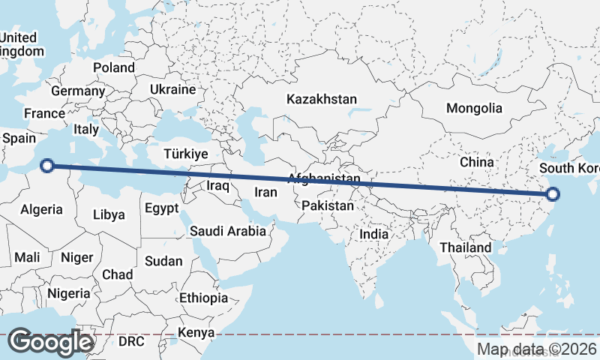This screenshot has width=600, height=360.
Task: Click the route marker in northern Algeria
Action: tap(47, 166)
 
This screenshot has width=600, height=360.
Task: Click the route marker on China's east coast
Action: tap(553, 194)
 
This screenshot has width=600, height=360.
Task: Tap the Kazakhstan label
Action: tap(322, 99)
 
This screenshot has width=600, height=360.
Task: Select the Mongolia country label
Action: tap(474, 108)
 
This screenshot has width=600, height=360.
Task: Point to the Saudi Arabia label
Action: tap(228, 231)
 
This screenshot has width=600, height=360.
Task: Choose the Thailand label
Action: tap(466, 247)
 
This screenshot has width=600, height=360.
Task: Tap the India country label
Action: tap(374, 234)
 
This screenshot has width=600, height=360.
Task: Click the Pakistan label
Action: tap(328, 205)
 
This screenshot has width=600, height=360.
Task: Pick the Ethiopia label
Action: tap(203, 298)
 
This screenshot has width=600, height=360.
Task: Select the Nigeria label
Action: tap(67, 293)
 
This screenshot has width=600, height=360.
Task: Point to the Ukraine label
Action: tap(172, 89)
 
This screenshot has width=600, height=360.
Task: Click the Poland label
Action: tap(114, 67)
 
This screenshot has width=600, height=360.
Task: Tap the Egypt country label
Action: tap(161, 208)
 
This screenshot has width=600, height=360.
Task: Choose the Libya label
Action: tap(109, 214)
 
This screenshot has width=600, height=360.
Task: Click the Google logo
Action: tap(51, 342)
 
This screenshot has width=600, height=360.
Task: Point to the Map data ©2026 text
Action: tap(536, 349)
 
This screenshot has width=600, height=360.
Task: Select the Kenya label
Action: tap(196, 332)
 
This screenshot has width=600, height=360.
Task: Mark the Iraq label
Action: tap(217, 184)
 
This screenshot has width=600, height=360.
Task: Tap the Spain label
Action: tap(19, 139)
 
